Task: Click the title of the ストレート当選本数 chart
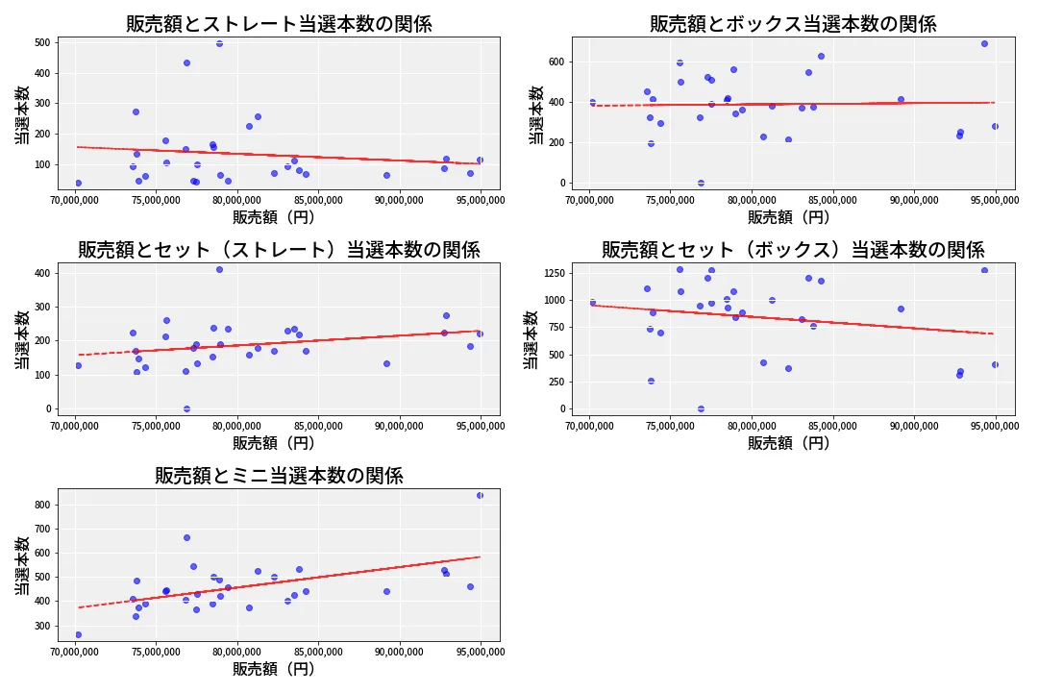point(279,24)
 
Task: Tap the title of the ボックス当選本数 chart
point(793,24)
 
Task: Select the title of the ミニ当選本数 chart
point(279,475)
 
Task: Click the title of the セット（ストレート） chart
point(279,250)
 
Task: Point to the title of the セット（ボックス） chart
point(793,250)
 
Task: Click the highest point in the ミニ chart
point(480,495)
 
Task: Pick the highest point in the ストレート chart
point(219,43)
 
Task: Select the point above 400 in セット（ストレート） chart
point(219,269)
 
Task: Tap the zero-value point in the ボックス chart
point(701,183)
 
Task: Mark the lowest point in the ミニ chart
point(78,634)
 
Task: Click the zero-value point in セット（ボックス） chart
point(701,408)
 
